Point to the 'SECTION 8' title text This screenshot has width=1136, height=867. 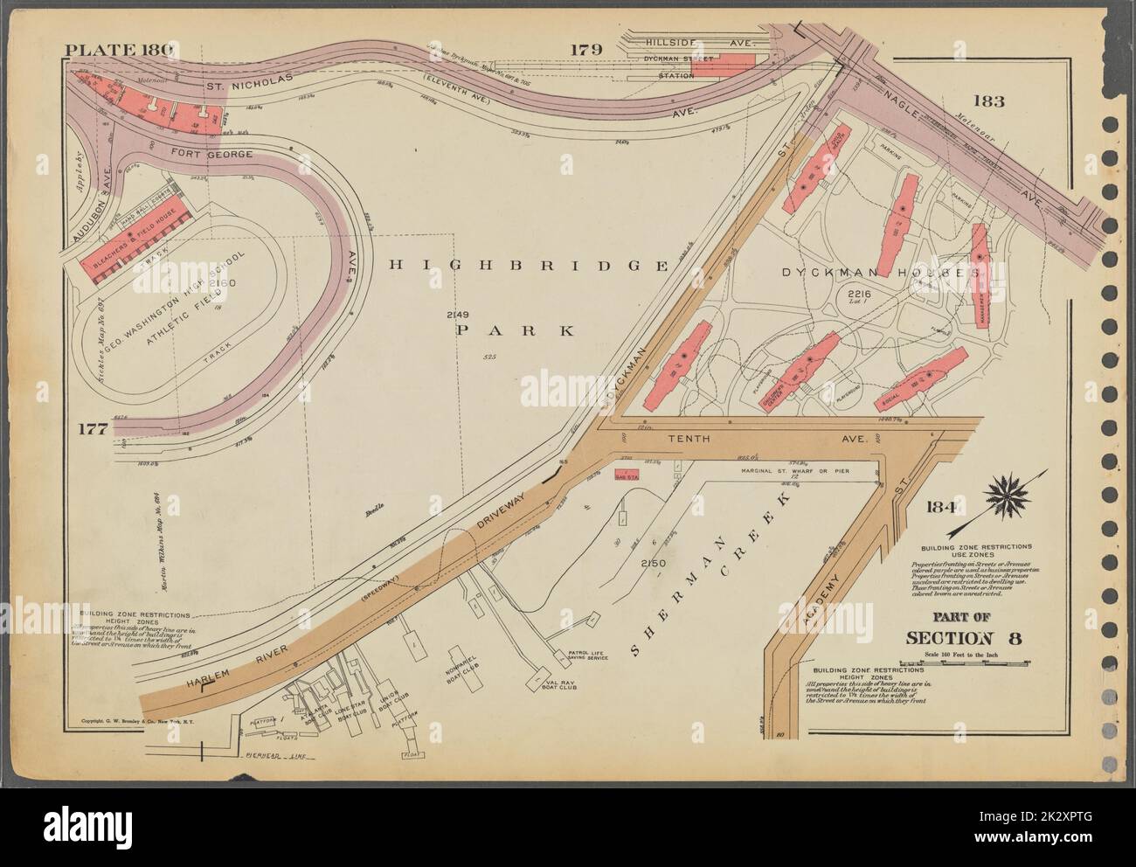pyautogui.click(x=965, y=637)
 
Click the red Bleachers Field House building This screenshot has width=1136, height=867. pyautogui.click(x=132, y=247)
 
